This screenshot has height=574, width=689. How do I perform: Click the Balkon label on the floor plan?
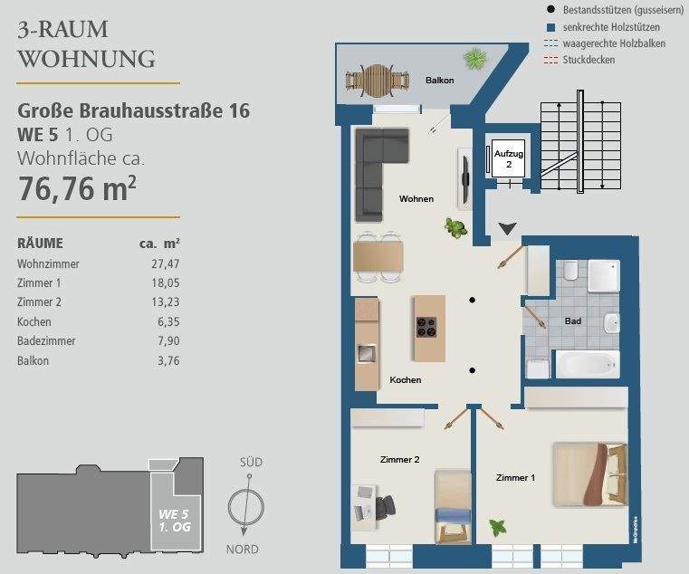439,81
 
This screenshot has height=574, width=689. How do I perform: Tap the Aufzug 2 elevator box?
508,160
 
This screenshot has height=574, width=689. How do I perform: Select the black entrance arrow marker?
508,230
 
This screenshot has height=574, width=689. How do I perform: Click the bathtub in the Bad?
586,366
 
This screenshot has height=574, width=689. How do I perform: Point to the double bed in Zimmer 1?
589,475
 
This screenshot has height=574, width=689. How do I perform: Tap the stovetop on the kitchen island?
426,328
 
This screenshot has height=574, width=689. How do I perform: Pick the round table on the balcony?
374,80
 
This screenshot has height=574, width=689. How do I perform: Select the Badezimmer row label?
46,341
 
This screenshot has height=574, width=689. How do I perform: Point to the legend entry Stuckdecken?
588,60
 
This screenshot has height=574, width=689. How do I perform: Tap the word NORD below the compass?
242,550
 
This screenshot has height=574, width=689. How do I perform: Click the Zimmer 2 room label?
399,460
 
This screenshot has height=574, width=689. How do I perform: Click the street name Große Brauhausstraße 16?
134,111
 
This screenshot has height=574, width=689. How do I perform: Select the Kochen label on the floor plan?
405,380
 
